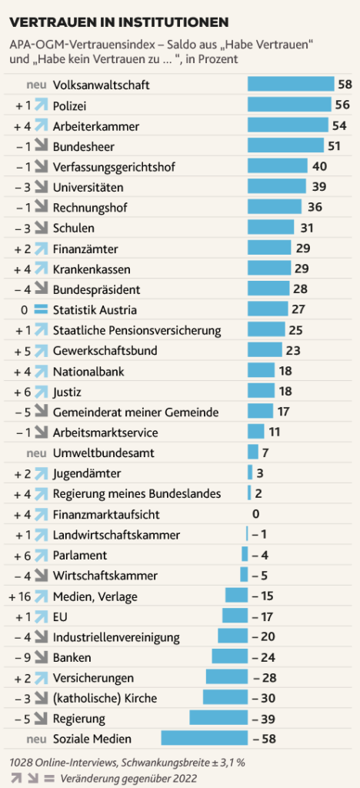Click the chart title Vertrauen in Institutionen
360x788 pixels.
118,22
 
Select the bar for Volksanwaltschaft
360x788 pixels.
291,85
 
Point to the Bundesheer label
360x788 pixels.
84,146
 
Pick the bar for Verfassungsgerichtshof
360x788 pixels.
277,166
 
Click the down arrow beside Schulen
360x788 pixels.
41,228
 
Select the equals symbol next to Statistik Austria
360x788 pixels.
41,310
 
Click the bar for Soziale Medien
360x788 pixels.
205,738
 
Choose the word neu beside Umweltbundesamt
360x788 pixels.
37,452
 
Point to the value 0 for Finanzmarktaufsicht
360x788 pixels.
255,514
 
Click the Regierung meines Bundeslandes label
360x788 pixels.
137,494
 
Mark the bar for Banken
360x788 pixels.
229,657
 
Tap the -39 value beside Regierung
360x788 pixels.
263,719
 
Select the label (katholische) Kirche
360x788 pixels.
105,698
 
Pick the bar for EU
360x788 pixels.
235,616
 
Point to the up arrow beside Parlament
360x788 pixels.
41,556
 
